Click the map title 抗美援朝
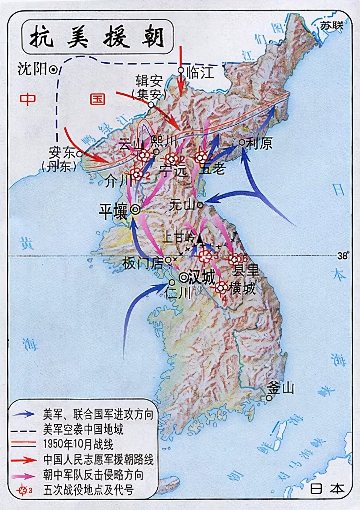click(97, 37)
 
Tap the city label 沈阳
click(32, 69)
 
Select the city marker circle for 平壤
click(135, 209)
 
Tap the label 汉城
click(202, 278)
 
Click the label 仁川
click(178, 293)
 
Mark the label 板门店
click(143, 263)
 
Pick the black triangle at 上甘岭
click(199, 239)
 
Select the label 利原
click(259, 143)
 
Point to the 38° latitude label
click(342, 256)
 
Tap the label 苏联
click(331, 26)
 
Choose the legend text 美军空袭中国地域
click(83, 429)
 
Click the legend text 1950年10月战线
click(78, 445)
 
